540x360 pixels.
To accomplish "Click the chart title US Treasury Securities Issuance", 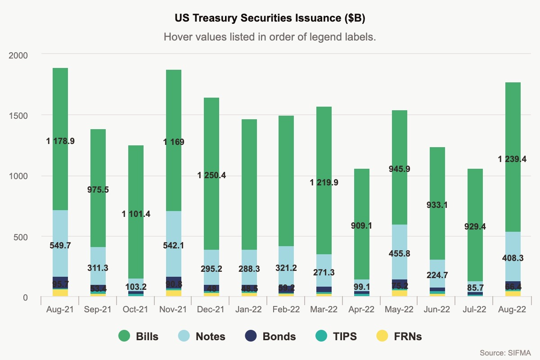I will [x=270, y=18].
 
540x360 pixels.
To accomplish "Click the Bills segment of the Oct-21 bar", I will [x=136, y=180].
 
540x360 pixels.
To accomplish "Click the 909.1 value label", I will [x=363, y=225].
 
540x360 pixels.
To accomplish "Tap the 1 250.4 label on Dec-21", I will [x=211, y=175].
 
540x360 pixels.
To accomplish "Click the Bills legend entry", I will [x=139, y=336].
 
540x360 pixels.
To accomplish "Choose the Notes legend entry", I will [x=202, y=336].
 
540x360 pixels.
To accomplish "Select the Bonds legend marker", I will [x=250, y=336].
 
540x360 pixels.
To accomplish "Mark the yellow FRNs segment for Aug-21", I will [x=60, y=292].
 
